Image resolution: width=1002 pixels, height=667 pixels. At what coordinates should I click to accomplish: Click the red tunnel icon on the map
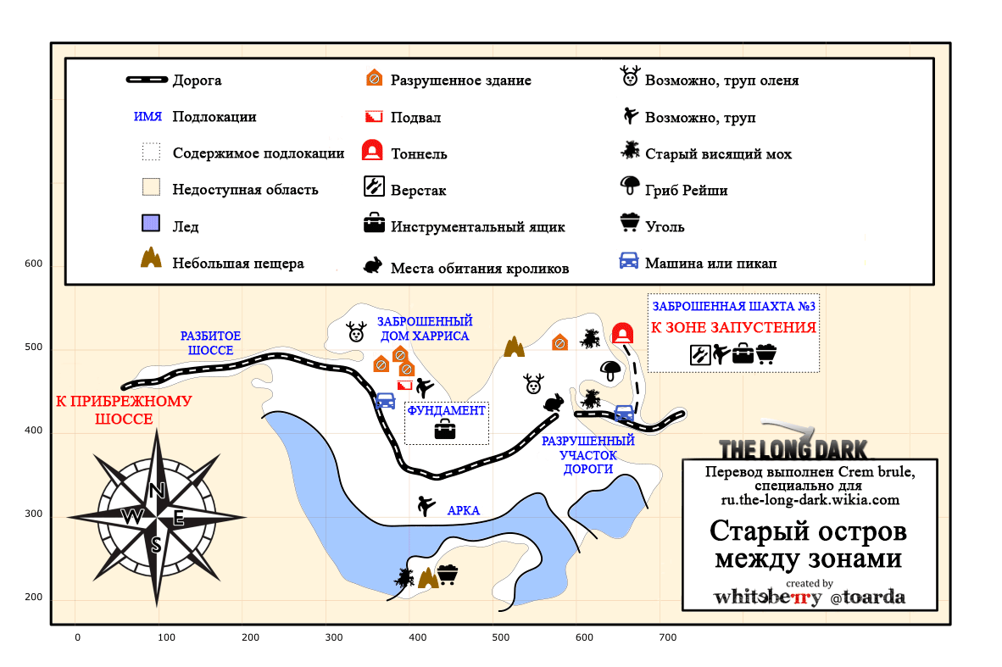point(622,333)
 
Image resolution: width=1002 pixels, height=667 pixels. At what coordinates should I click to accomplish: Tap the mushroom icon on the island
point(610,370)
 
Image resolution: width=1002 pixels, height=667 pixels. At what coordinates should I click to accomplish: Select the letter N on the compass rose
point(157,491)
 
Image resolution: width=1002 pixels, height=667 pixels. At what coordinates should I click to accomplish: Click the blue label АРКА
point(464,510)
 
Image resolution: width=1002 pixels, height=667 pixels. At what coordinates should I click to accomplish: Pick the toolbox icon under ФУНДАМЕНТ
point(445,429)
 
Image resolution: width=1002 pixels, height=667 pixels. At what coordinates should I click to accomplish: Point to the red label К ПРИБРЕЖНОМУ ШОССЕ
point(124,410)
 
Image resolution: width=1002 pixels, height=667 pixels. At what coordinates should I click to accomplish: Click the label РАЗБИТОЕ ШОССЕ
point(210,343)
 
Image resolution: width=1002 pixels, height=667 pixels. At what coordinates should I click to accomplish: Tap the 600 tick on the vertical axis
point(33,264)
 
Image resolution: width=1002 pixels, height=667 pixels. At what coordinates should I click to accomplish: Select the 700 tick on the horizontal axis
point(667,637)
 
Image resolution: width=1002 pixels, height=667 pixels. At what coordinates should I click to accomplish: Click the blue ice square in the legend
point(151,223)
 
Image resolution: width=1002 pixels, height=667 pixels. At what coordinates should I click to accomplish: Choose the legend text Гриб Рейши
point(687,191)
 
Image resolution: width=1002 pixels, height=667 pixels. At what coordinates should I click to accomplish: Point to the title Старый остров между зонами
point(809,544)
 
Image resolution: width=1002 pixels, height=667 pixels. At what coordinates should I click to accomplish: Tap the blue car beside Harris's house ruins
point(386,401)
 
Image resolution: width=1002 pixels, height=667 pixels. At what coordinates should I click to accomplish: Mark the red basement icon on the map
point(404,386)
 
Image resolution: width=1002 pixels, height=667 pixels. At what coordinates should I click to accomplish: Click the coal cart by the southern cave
point(448,573)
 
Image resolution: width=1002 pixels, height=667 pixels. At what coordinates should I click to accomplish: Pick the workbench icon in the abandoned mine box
point(700,354)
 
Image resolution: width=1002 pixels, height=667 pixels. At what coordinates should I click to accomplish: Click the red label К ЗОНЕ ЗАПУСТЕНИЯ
point(733,328)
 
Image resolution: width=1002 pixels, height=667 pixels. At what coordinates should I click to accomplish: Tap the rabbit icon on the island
point(554,402)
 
